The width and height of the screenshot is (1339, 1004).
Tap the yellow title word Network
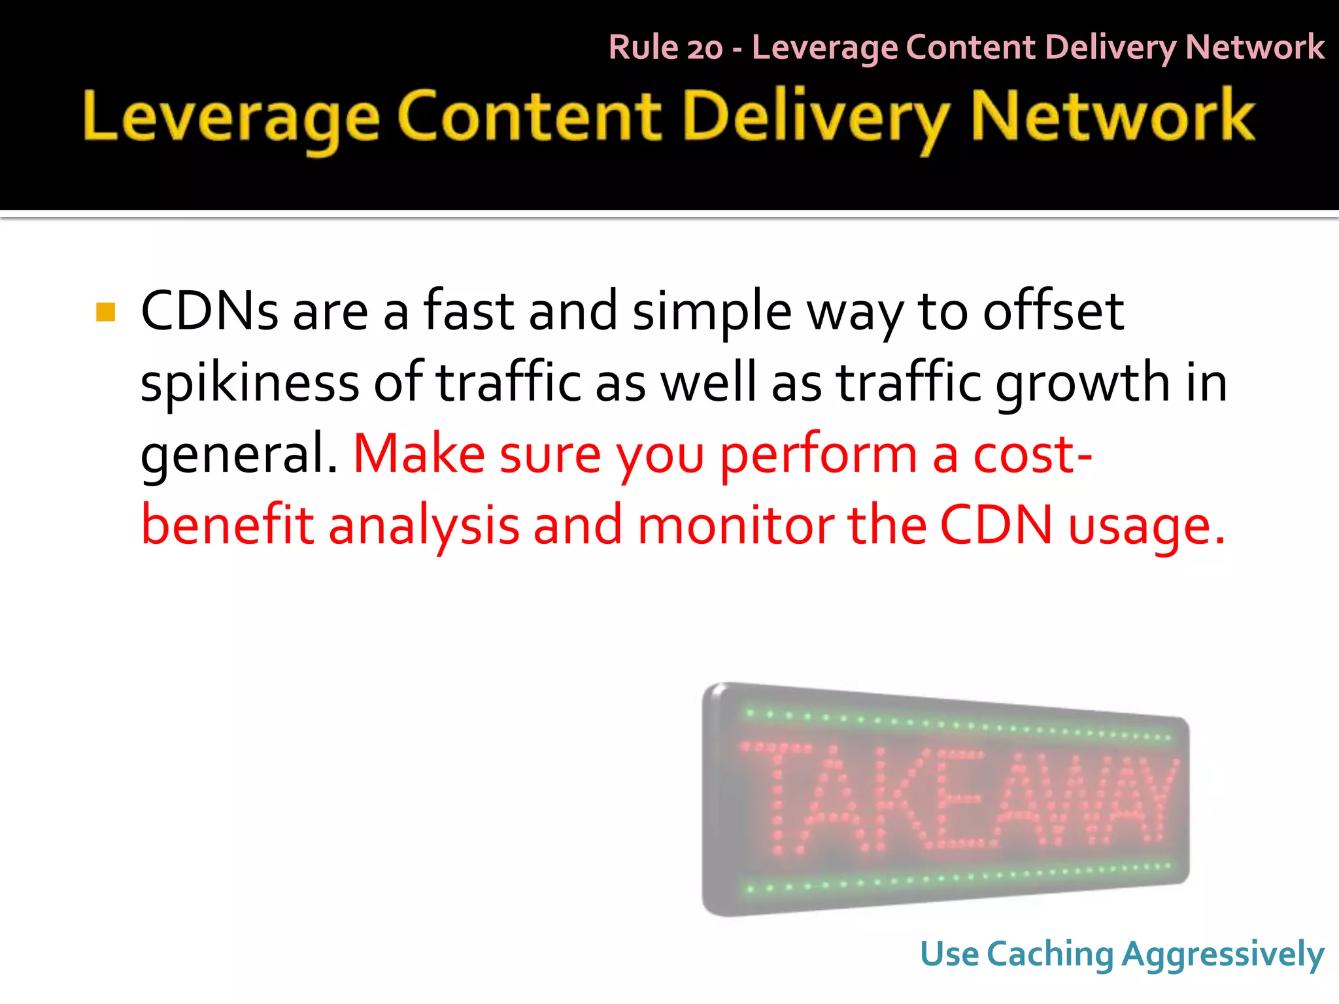pyautogui.click(x=1112, y=116)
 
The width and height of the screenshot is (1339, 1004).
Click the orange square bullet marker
pyautogui.click(x=105, y=312)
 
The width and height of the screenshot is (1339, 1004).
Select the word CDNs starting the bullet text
pyautogui.click(x=209, y=310)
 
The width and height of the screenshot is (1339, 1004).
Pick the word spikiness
pyautogui.click(x=250, y=383)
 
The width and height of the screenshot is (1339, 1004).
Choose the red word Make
pyautogui.click(x=419, y=454)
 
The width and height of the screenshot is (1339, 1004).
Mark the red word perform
pyautogui.click(x=819, y=455)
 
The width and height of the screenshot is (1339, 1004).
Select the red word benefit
pyautogui.click(x=228, y=525)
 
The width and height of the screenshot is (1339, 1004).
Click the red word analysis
pyautogui.click(x=424, y=526)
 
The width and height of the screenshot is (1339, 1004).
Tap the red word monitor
pyautogui.click(x=735, y=525)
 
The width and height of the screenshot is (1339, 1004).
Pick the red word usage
pyautogui.click(x=1146, y=526)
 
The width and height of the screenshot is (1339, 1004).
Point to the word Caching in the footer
pyautogui.click(x=1050, y=954)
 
